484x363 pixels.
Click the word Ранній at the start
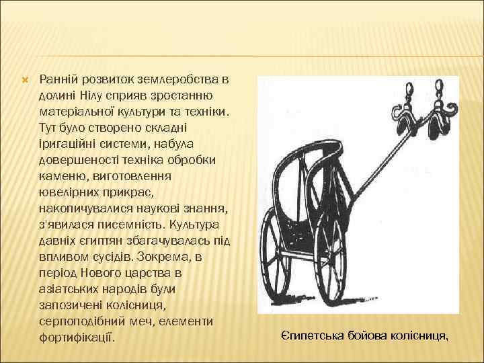coord(58,80)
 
